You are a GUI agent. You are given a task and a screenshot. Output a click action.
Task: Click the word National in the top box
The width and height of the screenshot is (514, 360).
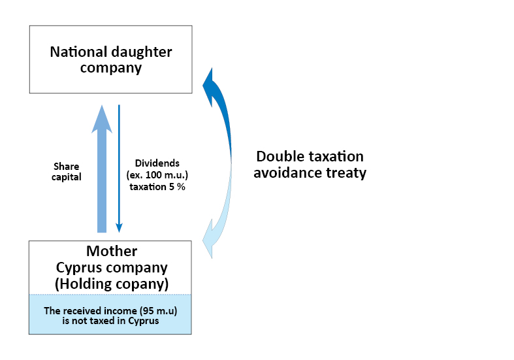[x=78, y=52]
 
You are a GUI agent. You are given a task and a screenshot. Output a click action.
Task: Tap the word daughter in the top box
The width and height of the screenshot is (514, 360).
[x=142, y=52]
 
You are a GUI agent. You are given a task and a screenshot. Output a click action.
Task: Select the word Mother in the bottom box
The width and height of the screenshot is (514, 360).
[x=112, y=251]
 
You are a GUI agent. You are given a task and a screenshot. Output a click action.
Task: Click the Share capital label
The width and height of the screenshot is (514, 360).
[x=66, y=172]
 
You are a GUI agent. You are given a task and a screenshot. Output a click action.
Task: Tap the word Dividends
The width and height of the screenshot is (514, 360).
[x=157, y=163]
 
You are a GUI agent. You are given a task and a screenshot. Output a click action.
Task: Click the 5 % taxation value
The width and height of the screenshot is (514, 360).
[x=177, y=187]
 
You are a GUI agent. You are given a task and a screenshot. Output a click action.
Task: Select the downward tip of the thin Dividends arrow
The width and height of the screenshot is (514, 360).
[x=120, y=232]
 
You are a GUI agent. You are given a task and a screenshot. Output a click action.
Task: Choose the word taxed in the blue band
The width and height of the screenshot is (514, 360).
[x=103, y=321]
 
